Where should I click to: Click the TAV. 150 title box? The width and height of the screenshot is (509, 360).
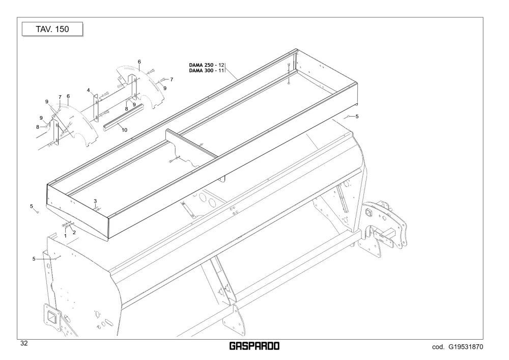coord(52,29)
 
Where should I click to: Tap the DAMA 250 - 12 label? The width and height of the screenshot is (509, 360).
coord(207,65)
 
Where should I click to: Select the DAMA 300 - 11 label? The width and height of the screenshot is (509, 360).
coord(207,70)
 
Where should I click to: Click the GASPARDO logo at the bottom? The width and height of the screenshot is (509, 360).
coord(254,346)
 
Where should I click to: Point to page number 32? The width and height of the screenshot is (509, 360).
coord(24,343)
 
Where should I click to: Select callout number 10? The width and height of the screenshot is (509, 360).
coord(124,130)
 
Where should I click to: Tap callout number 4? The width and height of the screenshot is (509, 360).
coord(88,90)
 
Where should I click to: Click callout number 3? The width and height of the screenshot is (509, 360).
coord(95,201)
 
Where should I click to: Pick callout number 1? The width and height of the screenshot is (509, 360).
coord(65,236)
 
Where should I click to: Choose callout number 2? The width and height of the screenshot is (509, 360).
coord(74,232)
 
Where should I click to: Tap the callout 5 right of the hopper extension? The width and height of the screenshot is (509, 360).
coord(357,116)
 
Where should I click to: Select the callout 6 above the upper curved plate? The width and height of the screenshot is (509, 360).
coord(139,62)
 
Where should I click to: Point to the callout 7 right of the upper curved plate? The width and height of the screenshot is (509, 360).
coord(172,79)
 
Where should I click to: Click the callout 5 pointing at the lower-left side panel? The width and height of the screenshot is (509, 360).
coord(34,259)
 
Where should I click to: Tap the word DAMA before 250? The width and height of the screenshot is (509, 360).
coord(196,65)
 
